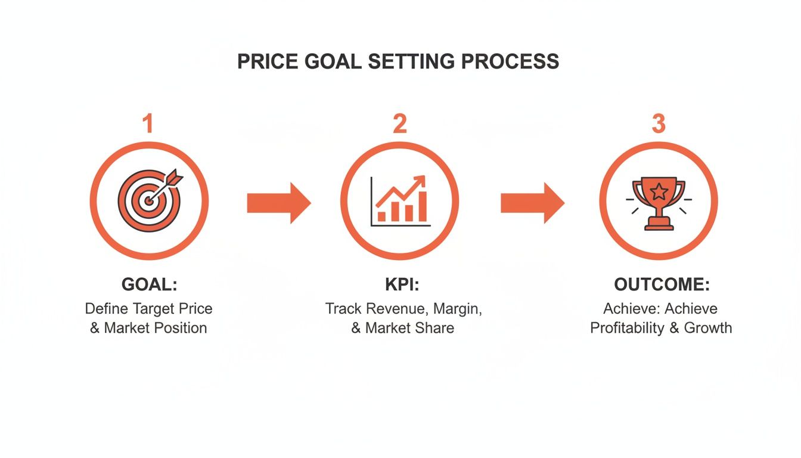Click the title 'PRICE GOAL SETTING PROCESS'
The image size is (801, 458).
398,61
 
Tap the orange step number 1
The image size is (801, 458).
148,124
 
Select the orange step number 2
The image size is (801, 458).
399,124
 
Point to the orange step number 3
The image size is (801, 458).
658,124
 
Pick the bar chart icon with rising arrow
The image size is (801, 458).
399,202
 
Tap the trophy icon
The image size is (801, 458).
658,203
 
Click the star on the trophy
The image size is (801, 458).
658,191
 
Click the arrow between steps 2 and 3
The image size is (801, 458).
532,203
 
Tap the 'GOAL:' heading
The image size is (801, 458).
149,285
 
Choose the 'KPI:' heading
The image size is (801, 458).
402,285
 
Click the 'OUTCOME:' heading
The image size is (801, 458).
662,285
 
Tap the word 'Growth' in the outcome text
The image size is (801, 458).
708,328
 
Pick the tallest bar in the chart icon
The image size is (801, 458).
422,206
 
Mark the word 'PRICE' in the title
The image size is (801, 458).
263,61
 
